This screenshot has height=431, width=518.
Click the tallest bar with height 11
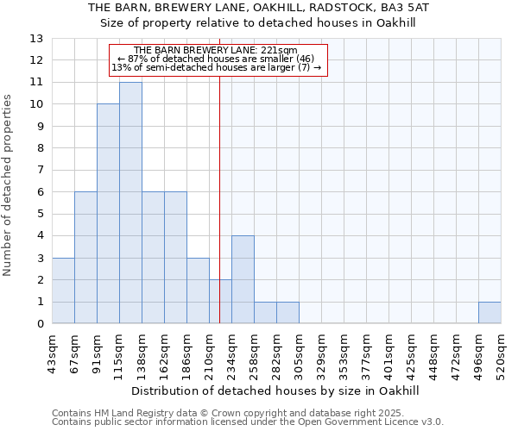130,203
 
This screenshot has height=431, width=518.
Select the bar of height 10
108,214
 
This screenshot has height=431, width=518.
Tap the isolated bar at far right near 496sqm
490,312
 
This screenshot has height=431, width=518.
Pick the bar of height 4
243,279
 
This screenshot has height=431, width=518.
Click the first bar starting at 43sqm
63,290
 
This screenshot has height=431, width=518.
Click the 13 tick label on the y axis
36,39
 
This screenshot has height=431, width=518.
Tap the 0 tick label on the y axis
40,324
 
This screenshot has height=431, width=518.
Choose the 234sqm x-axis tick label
231,353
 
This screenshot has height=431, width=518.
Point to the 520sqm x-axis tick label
501,353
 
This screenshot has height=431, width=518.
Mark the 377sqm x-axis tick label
366,353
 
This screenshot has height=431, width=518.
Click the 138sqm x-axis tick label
142,353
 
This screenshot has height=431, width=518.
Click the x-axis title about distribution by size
276,390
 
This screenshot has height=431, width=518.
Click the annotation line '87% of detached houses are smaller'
220,59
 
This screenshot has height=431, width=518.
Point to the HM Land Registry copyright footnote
247,413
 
